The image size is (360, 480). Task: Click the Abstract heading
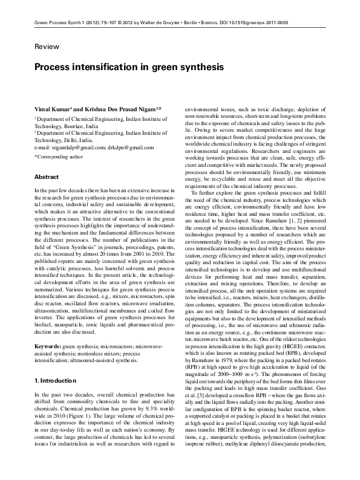pos(46,177)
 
